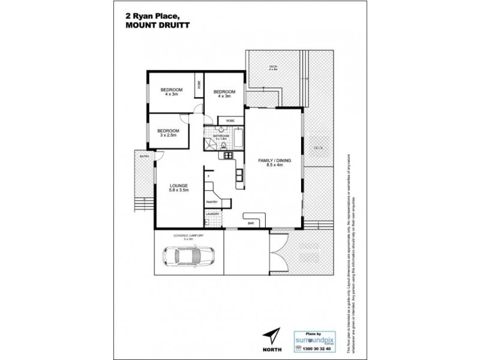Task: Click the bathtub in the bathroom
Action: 238,140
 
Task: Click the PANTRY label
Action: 211,202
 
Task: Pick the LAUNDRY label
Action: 212,214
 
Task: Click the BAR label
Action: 250,224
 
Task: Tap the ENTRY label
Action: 143,157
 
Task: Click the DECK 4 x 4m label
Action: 273,67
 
